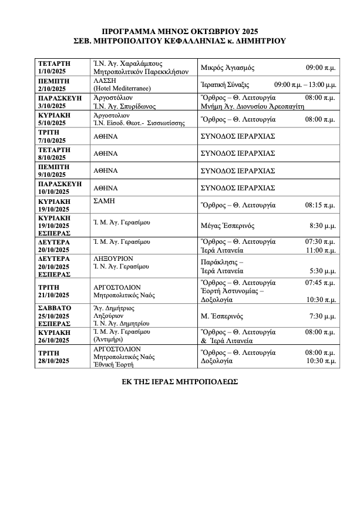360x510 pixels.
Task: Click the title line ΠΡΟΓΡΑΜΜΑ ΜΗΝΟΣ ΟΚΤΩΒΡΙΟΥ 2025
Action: [180, 31]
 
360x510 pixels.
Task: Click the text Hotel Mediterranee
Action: [122, 88]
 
